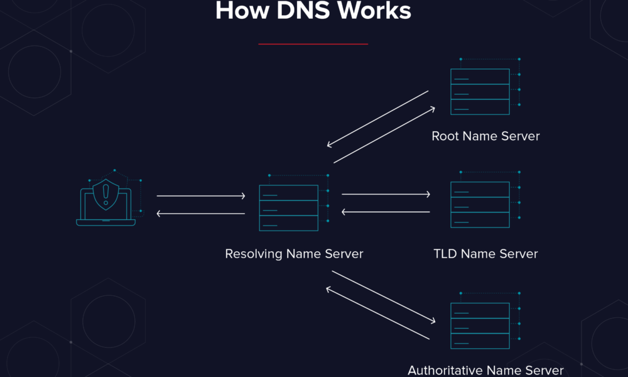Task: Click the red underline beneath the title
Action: [x=313, y=44]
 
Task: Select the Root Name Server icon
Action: [x=480, y=92]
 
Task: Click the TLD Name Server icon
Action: [x=480, y=204]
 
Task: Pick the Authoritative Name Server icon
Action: [x=480, y=325]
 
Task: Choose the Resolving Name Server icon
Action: [x=289, y=208]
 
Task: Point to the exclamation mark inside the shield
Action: [x=106, y=192]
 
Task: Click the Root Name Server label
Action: [x=485, y=136]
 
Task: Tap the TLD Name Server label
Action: [x=485, y=254]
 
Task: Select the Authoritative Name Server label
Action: [x=485, y=370]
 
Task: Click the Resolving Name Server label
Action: [x=294, y=254]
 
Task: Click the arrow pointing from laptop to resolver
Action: [x=201, y=196]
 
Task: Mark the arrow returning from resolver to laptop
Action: [x=201, y=214]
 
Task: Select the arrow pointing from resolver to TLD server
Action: [x=386, y=194]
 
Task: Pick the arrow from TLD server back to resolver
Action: [x=386, y=212]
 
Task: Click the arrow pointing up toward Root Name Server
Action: [x=384, y=135]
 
